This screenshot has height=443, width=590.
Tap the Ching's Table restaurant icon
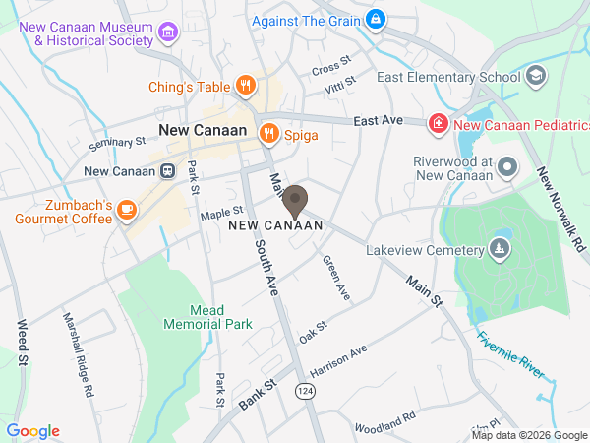coord(246,87)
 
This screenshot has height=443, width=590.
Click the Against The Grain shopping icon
coord(375,19)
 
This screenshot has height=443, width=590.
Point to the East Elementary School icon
coord(536,76)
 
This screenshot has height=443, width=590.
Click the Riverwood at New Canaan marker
coord(507,166)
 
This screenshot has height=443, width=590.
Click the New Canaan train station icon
coord(168,171)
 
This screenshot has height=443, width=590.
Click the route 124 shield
coord(303,391)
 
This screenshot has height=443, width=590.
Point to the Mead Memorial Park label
coord(207,316)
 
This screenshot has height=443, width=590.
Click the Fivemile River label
coord(510,354)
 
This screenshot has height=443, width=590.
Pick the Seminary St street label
coord(116,144)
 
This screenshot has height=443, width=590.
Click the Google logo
coord(33,430)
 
